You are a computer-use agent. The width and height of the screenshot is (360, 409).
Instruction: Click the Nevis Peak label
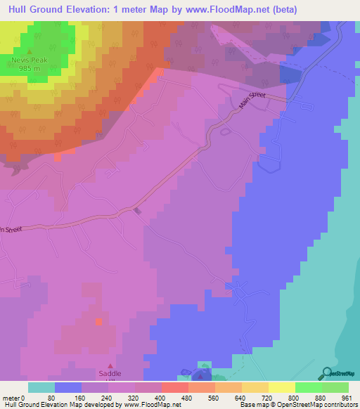[x=29, y=60]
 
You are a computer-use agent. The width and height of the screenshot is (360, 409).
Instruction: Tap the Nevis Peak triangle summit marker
[x=29, y=52]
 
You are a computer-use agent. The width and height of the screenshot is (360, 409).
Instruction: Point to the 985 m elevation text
[x=29, y=68]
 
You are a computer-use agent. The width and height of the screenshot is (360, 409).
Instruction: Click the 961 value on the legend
[x=345, y=397]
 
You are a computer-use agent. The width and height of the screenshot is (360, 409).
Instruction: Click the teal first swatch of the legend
[x=41, y=387]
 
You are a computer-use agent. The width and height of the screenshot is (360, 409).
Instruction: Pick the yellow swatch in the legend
[x=282, y=387]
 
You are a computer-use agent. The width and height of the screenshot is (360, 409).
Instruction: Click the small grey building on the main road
[x=138, y=210]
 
